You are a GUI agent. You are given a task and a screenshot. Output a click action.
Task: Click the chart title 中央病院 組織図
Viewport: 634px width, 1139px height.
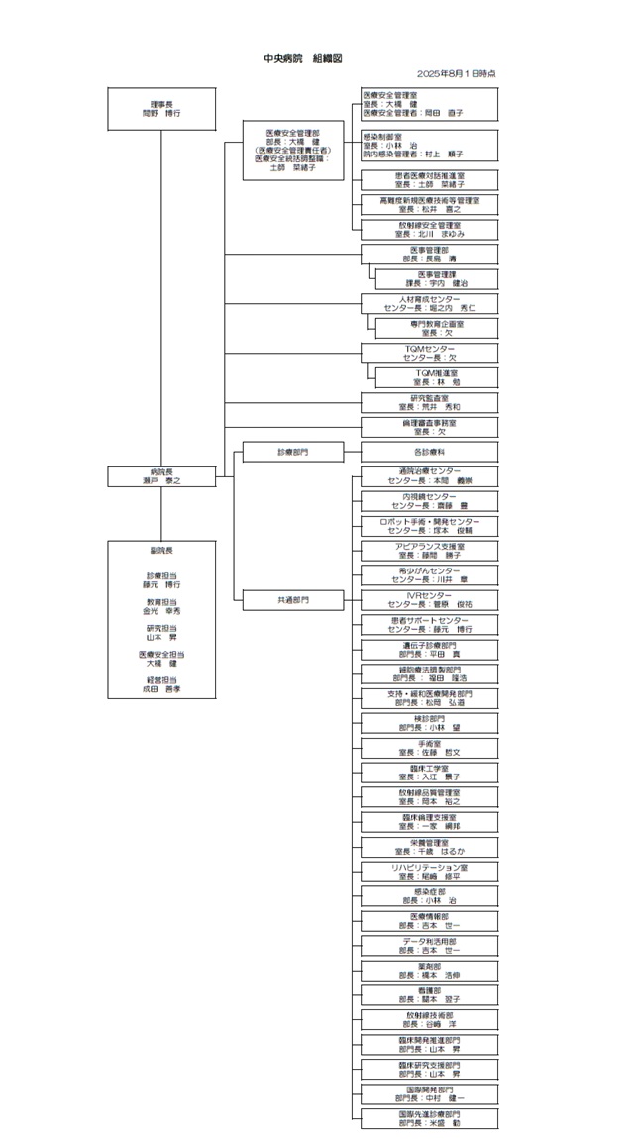(302, 59)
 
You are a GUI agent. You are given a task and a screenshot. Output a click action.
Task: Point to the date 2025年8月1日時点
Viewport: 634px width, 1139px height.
(456, 74)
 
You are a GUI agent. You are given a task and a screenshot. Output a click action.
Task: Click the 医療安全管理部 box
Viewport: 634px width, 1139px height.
(292, 150)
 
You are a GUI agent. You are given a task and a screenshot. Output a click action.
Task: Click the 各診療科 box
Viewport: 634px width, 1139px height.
(429, 452)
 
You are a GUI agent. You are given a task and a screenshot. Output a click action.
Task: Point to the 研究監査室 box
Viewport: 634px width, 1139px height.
(429, 402)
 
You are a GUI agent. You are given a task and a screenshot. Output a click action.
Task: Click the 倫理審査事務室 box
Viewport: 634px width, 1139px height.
(429, 427)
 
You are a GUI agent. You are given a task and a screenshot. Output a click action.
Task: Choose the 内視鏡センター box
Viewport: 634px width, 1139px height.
(429, 501)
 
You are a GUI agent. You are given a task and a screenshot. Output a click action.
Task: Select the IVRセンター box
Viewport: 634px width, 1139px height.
(429, 599)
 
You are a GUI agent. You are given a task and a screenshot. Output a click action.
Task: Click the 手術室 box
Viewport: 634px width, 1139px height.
(429, 748)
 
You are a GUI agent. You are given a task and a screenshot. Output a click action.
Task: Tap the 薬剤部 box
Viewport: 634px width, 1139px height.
(429, 970)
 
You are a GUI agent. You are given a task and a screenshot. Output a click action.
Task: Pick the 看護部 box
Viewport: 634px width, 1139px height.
(429, 994)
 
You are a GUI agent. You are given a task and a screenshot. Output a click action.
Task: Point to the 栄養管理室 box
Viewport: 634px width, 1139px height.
(429, 846)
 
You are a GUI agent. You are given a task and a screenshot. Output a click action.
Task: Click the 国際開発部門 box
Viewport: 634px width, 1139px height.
(429, 1093)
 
